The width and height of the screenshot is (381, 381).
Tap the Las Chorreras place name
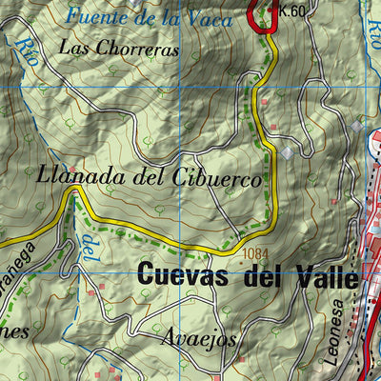coord(118,49)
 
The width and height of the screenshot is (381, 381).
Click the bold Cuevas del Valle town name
coord(248,277)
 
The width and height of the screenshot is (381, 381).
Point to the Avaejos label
coord(197,338)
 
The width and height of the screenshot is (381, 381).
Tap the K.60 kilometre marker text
coord(292,11)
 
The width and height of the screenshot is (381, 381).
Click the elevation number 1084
coord(255,253)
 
